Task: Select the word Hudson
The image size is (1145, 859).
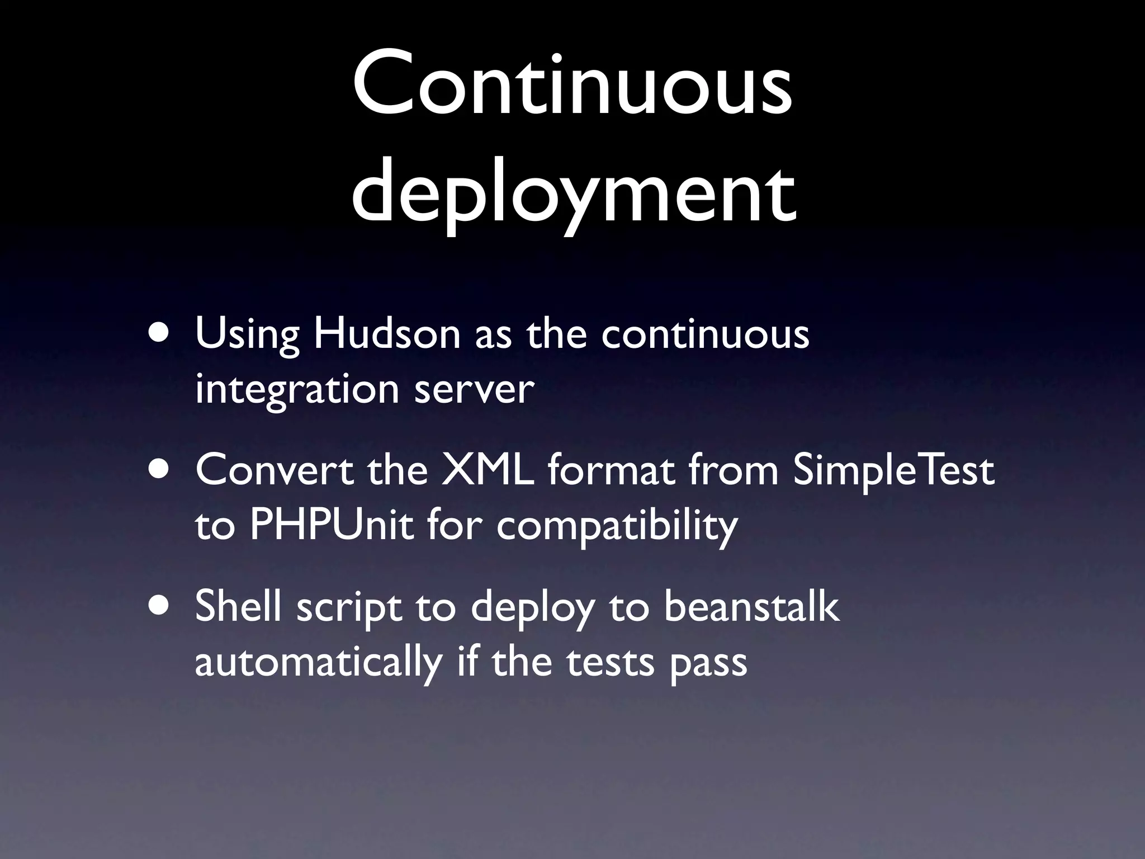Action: point(386,334)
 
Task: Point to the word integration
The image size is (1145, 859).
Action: point(297,389)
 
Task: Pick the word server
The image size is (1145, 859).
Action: point(474,389)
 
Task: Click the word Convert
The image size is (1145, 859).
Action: point(275,470)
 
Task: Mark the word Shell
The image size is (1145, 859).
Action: point(238,606)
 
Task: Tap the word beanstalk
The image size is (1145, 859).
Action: point(751,606)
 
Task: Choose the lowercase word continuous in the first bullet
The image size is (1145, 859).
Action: point(706,334)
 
